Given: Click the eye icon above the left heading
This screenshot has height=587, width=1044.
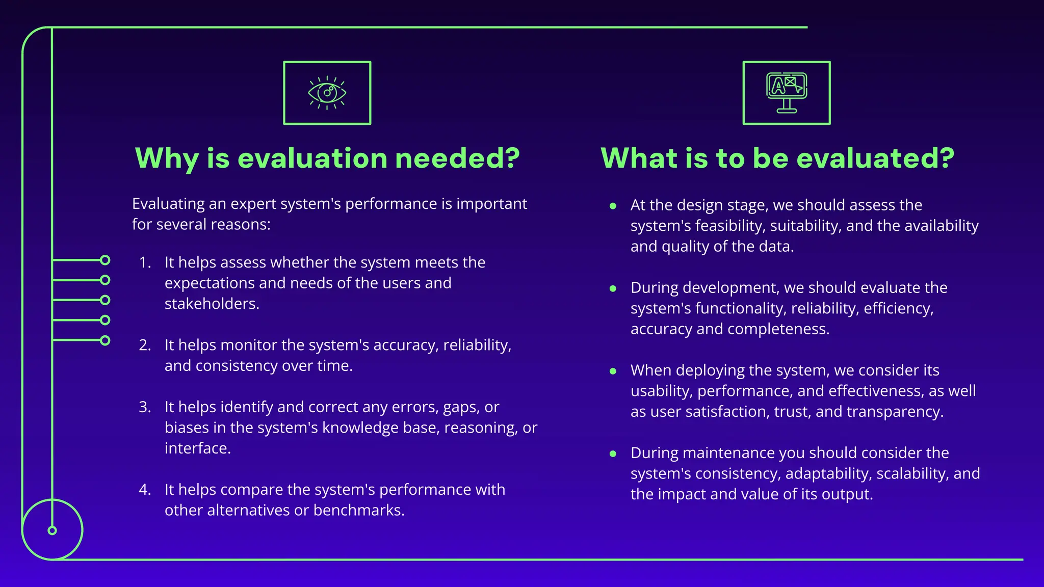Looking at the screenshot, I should click(x=327, y=93).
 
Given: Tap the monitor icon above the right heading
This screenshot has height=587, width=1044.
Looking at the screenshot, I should click(x=787, y=93).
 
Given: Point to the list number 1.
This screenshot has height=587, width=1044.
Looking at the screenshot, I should click(x=145, y=262).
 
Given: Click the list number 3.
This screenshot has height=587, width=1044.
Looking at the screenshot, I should click(x=145, y=407).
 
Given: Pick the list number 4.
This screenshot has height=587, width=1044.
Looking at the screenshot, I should click(x=145, y=490).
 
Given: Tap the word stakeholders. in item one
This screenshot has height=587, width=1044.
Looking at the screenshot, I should click(x=212, y=304).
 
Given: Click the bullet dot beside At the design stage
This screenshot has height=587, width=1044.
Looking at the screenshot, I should click(x=613, y=206).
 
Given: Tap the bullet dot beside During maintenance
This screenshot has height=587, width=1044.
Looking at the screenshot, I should click(x=613, y=453).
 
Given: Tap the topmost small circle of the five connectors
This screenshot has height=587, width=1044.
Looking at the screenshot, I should click(x=105, y=260).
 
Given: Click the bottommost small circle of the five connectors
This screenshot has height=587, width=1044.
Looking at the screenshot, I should click(x=105, y=340).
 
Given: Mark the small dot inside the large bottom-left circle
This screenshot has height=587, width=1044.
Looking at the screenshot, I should click(x=52, y=530).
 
